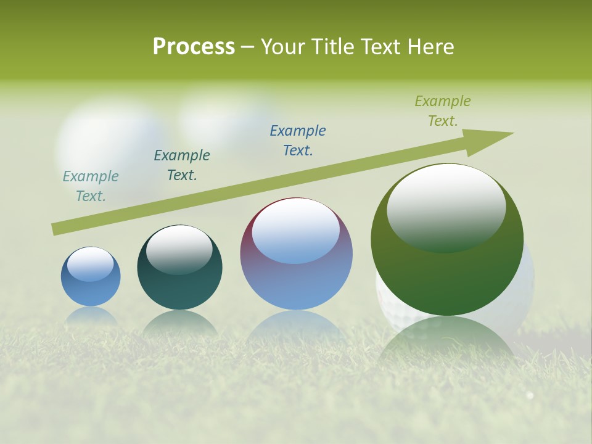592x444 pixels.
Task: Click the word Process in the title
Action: click(194, 47)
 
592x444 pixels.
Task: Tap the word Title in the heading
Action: click(337, 47)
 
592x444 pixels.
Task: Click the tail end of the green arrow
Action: click(57, 229)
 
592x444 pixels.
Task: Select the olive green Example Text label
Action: click(443, 111)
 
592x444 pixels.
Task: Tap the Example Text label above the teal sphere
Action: click(182, 165)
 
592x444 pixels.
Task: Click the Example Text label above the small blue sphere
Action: click(91, 186)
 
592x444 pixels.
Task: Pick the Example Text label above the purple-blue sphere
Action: click(298, 141)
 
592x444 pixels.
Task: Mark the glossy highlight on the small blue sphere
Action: click(90, 264)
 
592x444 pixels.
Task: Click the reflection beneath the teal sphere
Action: click(179, 324)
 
